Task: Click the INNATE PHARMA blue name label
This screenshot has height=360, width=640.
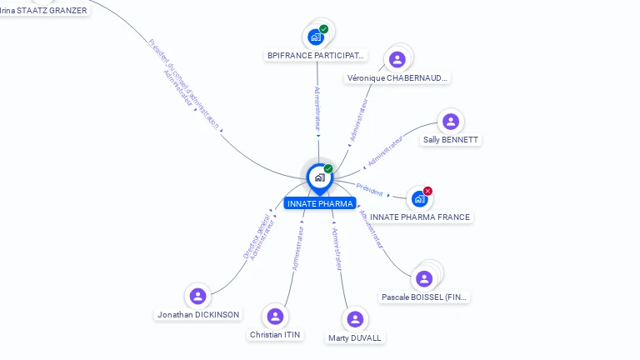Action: tap(319, 203)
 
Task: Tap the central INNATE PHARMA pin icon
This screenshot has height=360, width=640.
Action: tap(319, 177)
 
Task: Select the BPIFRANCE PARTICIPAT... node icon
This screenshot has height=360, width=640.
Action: tap(316, 37)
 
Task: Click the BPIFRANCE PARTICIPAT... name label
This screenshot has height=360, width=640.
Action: tap(316, 56)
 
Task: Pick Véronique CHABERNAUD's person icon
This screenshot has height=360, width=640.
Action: tap(397, 59)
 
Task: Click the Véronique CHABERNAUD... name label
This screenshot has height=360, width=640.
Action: tap(397, 78)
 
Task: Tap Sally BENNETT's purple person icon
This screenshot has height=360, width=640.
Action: tap(451, 122)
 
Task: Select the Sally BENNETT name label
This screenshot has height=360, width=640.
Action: tap(451, 140)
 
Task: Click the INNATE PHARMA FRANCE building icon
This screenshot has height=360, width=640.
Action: tap(419, 199)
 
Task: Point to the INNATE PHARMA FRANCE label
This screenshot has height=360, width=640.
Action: tap(420, 217)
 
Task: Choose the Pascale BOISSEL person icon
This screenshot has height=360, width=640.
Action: tap(424, 278)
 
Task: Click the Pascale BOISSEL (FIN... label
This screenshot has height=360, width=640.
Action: tap(425, 297)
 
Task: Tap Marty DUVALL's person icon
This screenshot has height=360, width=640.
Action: tap(355, 319)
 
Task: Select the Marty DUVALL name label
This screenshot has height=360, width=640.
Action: tap(355, 338)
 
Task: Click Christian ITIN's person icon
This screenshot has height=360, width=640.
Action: tap(275, 317)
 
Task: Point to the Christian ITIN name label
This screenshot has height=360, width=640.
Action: tap(275, 335)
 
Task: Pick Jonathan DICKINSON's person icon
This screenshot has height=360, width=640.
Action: tap(197, 296)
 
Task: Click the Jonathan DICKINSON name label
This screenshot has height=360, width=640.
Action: tap(198, 315)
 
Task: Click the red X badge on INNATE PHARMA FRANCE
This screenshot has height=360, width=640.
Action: tap(427, 191)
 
